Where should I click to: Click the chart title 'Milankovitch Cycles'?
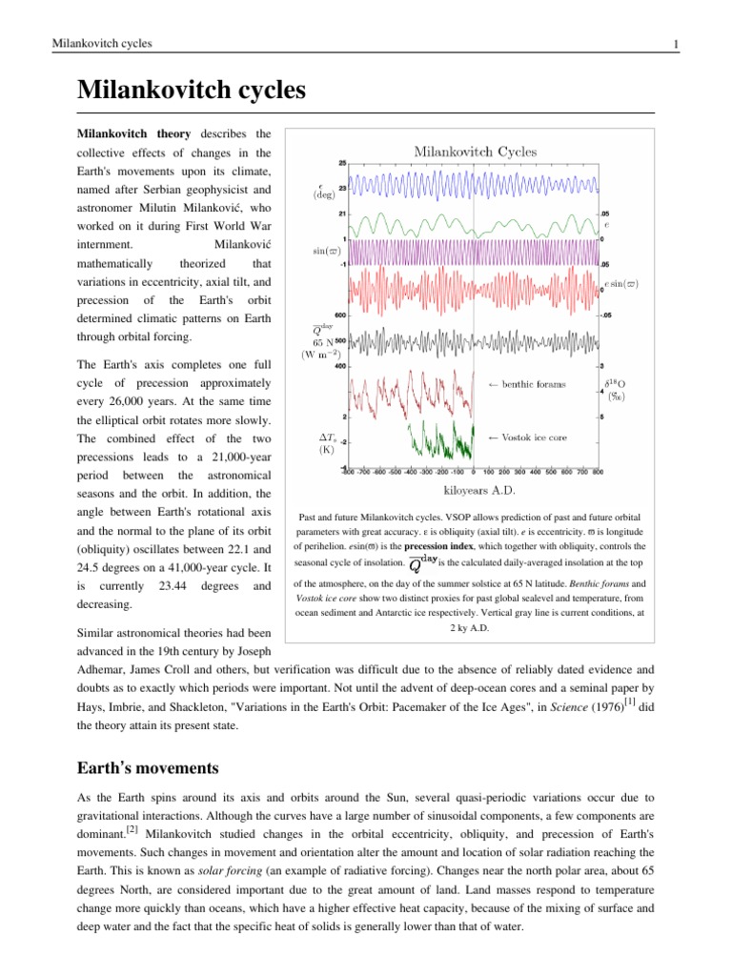coord(474,152)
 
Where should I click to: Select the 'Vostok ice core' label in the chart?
coord(529,437)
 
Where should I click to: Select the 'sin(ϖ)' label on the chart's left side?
coord(329,251)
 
